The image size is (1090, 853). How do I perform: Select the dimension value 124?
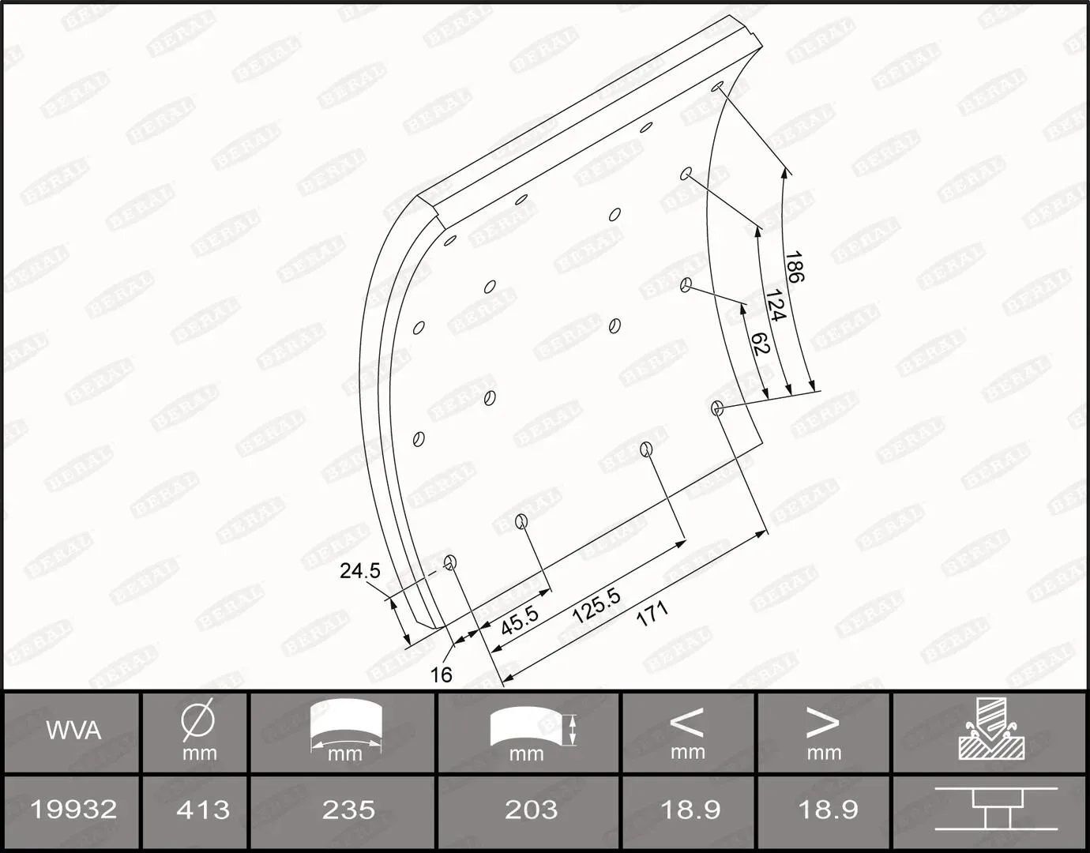pos(775,305)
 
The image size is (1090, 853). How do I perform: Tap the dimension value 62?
pos(761,343)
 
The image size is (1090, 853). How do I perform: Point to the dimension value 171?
pos(652,613)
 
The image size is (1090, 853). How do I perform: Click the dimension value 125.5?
pos(596,606)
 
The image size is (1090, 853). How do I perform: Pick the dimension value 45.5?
pos(520,620)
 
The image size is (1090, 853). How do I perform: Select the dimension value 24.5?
pos(360,571)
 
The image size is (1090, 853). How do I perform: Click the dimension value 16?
pos(442,675)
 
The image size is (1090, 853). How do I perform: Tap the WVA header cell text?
pos(73,731)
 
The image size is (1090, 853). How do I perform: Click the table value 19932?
pos(73,809)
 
